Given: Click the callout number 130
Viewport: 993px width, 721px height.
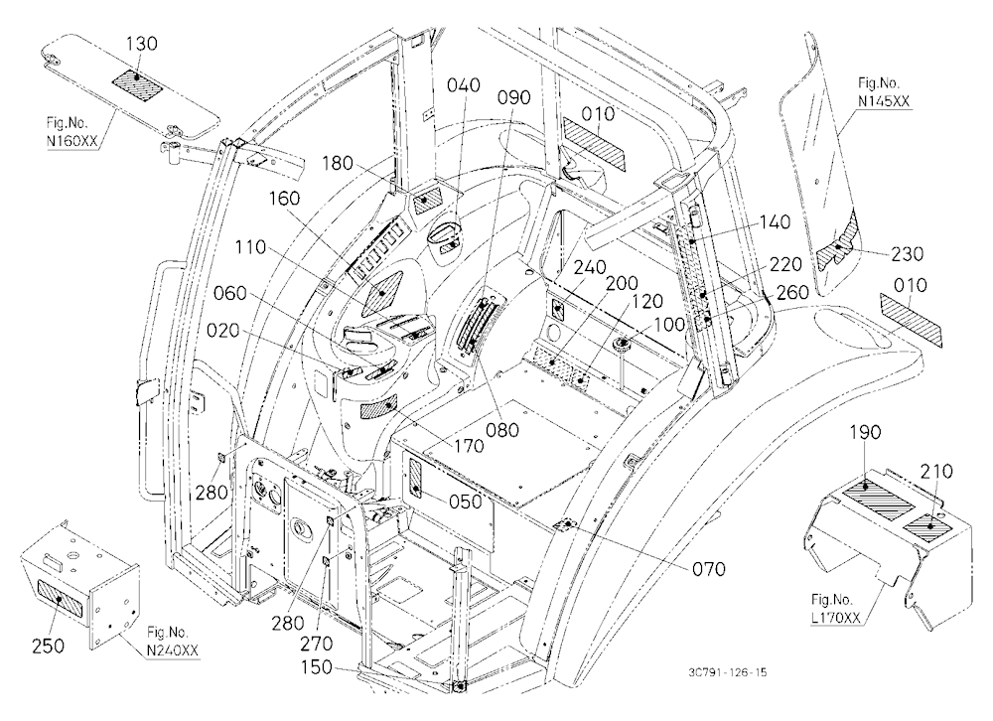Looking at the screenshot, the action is click(x=142, y=45).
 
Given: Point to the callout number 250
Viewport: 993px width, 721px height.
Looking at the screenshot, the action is click(x=48, y=647).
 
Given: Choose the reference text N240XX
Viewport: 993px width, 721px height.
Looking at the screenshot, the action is click(x=173, y=650).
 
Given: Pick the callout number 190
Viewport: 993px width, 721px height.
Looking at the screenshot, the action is click(x=865, y=433).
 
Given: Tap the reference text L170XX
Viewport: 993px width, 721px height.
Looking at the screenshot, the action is click(x=836, y=618).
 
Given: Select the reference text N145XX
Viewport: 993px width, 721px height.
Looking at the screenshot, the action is click(x=884, y=100).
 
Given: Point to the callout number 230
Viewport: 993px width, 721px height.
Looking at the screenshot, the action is click(x=907, y=254).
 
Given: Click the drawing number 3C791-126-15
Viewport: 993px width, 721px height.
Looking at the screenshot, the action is click(x=729, y=672).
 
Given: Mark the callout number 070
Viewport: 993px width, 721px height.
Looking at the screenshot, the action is click(x=709, y=570).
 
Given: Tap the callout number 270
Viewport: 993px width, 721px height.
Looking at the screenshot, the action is click(x=316, y=644).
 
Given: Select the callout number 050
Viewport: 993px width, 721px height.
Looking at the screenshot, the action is click(x=466, y=502).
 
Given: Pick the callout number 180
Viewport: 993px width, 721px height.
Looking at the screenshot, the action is click(x=337, y=164).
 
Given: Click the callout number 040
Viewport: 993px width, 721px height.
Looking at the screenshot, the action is click(x=464, y=84).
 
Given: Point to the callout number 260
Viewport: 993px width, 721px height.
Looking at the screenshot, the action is click(x=792, y=292).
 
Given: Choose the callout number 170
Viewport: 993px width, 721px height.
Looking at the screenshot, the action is click(x=469, y=446).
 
